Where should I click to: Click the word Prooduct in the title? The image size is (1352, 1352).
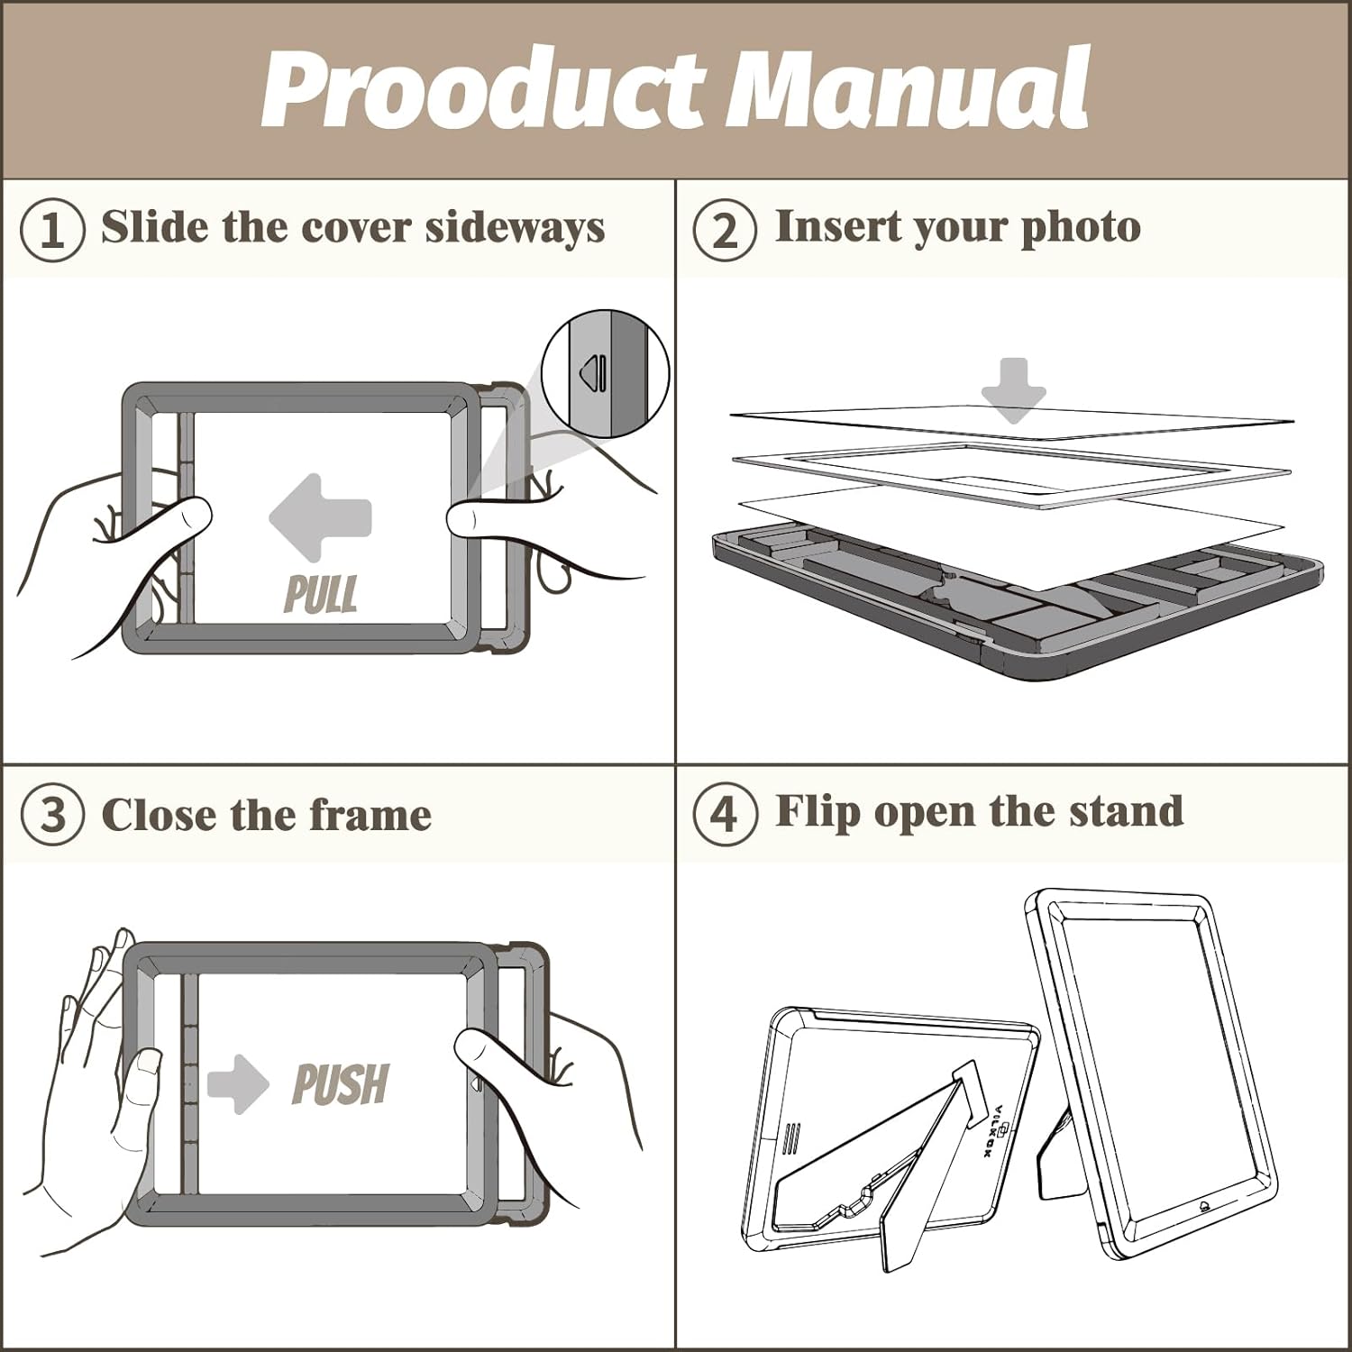[482, 90]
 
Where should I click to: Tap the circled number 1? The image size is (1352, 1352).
[52, 231]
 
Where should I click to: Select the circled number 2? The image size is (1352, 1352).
[725, 231]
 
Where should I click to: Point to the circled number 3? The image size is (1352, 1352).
[52, 815]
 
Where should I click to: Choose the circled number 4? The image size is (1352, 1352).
[725, 815]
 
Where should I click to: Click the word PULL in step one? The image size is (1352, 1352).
[320, 595]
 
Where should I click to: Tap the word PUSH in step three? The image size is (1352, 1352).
[341, 1083]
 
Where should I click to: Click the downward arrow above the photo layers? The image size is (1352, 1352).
[1014, 390]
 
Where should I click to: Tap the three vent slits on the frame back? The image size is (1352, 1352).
[790, 1139]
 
